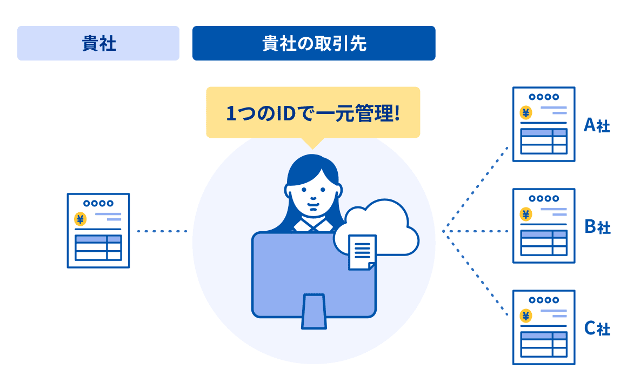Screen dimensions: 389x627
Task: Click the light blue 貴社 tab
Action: [x=98, y=43]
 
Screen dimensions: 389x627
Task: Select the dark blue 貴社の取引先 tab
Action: [x=313, y=43]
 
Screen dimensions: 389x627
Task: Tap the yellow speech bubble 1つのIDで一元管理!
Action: [x=312, y=113]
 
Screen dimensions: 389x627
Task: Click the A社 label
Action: [x=597, y=126]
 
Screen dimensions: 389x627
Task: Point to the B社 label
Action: [x=597, y=227]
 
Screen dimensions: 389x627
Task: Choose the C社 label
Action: [x=597, y=328]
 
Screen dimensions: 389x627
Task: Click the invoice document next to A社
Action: [x=544, y=124]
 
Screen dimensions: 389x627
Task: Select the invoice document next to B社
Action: [x=544, y=226]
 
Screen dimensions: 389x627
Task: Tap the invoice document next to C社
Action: [x=544, y=327]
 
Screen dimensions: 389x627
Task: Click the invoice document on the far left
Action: [x=98, y=231]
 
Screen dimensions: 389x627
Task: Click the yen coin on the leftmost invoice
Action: [x=80, y=219]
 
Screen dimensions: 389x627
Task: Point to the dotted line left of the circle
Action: [x=162, y=232]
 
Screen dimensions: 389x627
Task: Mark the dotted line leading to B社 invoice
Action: [x=476, y=232]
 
